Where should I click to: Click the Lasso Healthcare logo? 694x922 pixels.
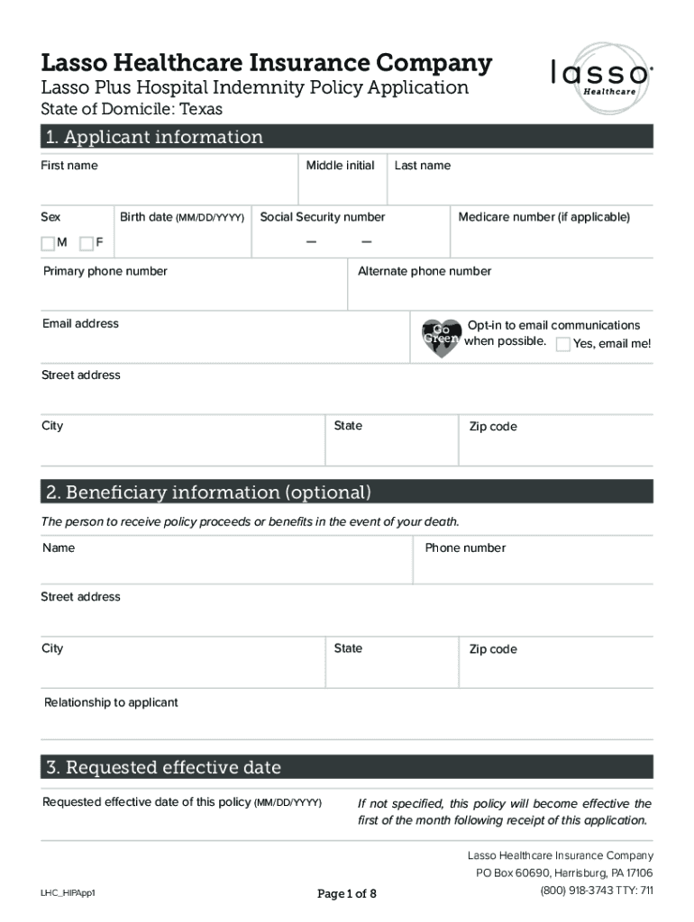pos(600,78)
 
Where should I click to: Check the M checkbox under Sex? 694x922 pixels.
pos(48,243)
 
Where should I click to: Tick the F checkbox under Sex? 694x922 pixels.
pos(87,243)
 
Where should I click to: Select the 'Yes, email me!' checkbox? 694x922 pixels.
pos(563,344)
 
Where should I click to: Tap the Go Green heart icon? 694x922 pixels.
pos(442,337)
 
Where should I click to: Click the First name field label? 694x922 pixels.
pos(69,166)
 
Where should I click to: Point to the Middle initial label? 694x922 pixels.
pos(340,166)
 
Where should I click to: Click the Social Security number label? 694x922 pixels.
pos(322,217)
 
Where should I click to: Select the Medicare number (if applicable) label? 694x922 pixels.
pos(543,217)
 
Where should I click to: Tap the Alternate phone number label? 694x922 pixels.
pos(425,271)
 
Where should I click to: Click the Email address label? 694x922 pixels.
pos(80,323)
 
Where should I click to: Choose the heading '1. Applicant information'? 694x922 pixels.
pos(155,137)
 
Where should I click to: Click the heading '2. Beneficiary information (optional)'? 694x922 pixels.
pos(209,493)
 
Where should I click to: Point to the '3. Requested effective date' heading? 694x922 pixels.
pos(164,767)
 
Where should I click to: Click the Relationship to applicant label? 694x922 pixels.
pos(111,702)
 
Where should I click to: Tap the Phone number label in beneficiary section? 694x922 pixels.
pos(465,547)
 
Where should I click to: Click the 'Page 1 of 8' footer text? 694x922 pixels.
pos(347,894)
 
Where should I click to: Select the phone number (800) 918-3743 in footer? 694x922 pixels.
pos(578,890)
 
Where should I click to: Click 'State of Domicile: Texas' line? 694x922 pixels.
pos(132,110)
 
